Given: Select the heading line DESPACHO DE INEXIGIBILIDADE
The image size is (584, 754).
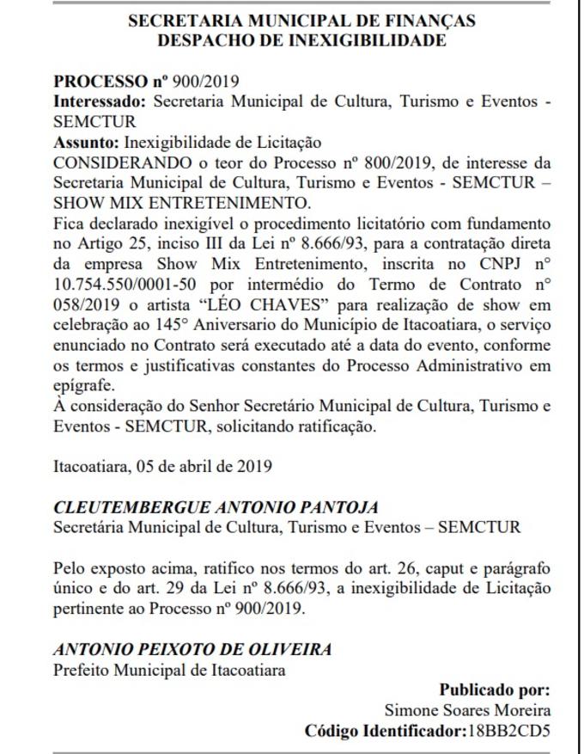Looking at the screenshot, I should coord(301,40).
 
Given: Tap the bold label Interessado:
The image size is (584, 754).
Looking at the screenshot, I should coord(95,101).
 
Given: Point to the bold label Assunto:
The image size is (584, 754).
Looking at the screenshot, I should coord(87,142).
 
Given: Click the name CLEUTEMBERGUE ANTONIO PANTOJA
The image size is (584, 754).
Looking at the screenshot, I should coord(204,507).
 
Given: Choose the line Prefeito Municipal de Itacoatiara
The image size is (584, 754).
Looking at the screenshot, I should coord(169,669).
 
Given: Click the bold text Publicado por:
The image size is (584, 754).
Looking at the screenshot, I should coord(494,690).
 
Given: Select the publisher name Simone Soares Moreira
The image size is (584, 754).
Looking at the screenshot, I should coord(467,710).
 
